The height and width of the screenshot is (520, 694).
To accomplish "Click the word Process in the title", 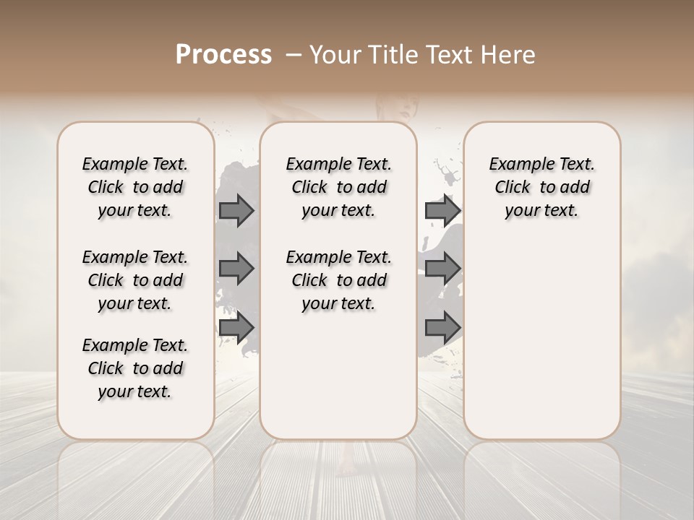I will pyautogui.click(x=223, y=55).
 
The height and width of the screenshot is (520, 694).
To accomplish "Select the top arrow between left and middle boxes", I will pyautogui.click(x=236, y=210).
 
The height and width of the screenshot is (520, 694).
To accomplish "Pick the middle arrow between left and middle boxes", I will pyautogui.click(x=236, y=269).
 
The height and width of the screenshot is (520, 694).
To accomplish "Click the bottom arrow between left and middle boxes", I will pyautogui.click(x=236, y=327).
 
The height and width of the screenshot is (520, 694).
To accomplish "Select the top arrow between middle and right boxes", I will pyautogui.click(x=442, y=210).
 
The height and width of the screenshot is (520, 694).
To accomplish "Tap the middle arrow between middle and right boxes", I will pyautogui.click(x=442, y=269).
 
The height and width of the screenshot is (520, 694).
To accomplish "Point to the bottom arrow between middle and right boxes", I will pyautogui.click(x=442, y=327).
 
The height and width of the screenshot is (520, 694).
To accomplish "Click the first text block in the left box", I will pyautogui.click(x=135, y=187).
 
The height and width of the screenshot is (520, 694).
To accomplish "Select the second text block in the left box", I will pyautogui.click(x=135, y=280).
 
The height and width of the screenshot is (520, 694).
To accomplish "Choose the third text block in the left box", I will pyautogui.click(x=135, y=368).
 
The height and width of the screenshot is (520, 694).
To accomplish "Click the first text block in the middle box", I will pyautogui.click(x=338, y=187).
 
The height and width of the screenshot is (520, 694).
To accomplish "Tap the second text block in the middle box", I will pyautogui.click(x=338, y=280).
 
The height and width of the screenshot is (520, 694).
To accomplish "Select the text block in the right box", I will pyautogui.click(x=541, y=187).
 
